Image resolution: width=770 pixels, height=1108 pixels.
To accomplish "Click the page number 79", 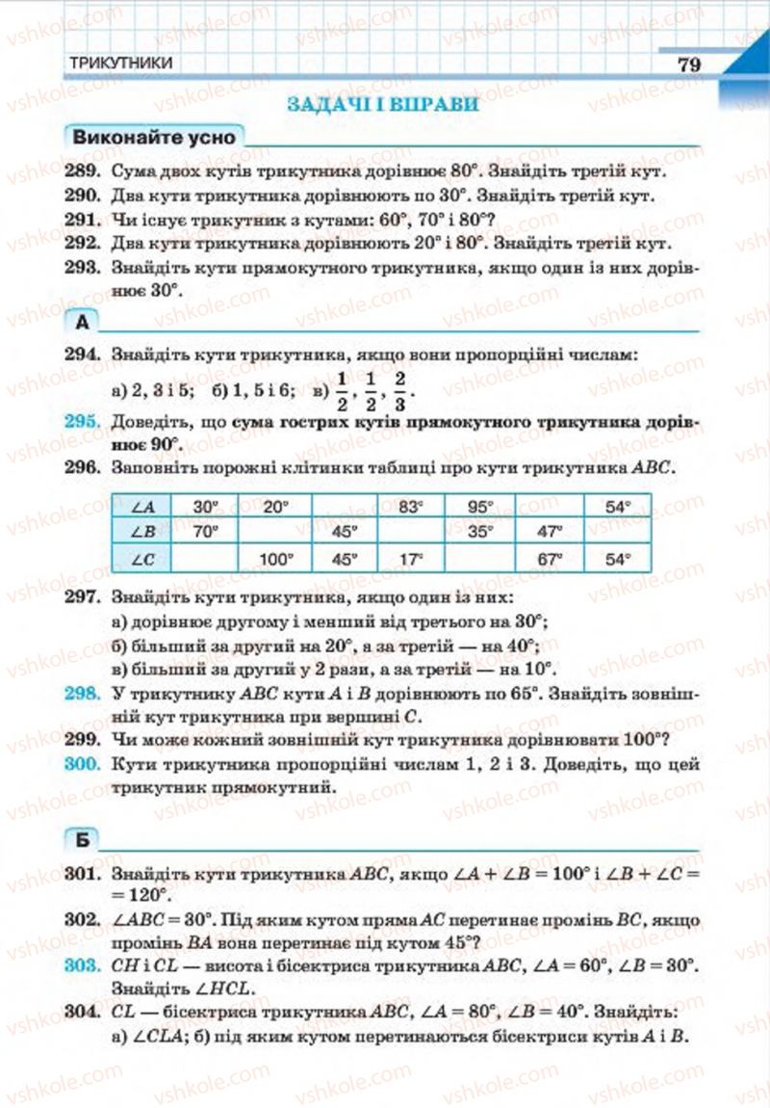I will (x=688, y=65).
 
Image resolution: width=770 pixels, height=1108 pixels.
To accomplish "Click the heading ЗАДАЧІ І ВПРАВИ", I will (x=383, y=104).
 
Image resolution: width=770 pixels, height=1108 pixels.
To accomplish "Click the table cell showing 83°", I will (x=412, y=506).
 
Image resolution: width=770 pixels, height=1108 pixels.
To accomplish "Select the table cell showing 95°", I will (x=479, y=506).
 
